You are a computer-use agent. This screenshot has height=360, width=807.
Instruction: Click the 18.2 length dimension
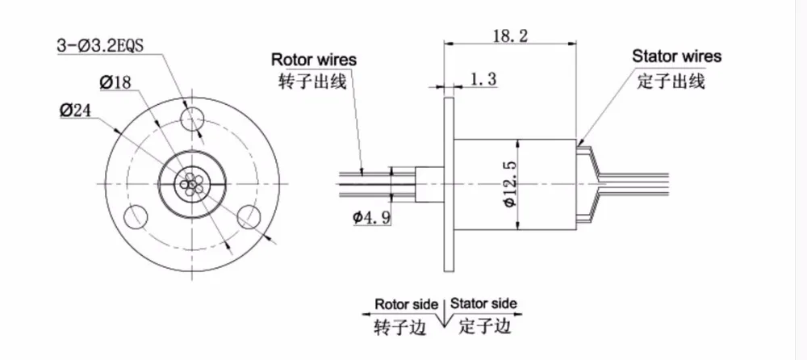pos(511,36)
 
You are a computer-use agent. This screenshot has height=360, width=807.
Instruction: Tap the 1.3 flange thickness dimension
pos(483,79)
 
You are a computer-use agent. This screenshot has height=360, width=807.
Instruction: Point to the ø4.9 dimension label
pos(371,218)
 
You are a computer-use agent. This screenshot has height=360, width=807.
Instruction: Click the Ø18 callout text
pos(116,82)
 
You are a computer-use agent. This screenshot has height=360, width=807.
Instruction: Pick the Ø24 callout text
pos(76,110)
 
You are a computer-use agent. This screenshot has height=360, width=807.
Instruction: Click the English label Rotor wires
pos(313,59)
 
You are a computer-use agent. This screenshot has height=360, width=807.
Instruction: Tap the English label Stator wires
pos(677,56)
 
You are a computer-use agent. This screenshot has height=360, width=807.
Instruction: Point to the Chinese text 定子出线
pos(671,82)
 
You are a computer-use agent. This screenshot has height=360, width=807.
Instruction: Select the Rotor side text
pos(406,303)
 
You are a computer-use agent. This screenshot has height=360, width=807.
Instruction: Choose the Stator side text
pos(483,303)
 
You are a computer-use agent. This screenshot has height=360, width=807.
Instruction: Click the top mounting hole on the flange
pos(193,119)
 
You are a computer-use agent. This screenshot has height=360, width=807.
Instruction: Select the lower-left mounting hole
pos(136,216)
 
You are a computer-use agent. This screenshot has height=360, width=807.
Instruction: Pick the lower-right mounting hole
pos(251,216)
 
